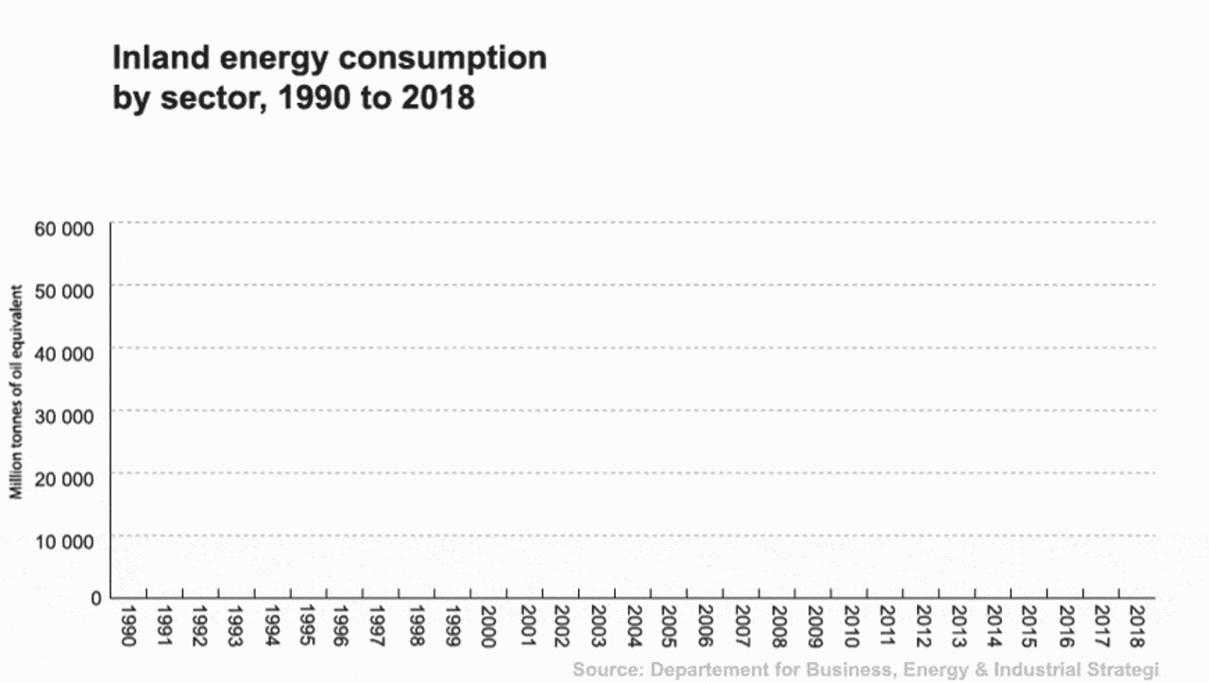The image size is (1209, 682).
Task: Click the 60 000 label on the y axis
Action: pos(64,228)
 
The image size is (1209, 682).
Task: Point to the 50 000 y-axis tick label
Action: pos(64,291)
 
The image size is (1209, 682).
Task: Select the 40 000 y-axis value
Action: pos(64,353)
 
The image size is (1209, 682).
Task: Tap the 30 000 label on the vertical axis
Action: pos(64,416)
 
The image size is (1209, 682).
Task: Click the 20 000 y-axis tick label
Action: pos(64,478)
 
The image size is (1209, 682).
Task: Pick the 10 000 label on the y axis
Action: pos(64,540)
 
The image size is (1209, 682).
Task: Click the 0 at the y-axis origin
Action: pos(95,598)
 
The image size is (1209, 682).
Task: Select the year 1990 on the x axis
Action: pos(128,626)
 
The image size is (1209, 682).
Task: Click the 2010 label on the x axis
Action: pos(848,626)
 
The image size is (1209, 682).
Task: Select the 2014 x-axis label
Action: pos(993,626)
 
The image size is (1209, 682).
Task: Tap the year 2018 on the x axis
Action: pos(1136,626)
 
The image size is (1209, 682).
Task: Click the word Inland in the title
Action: pos(152,58)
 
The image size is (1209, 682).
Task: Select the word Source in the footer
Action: pos(604,670)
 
